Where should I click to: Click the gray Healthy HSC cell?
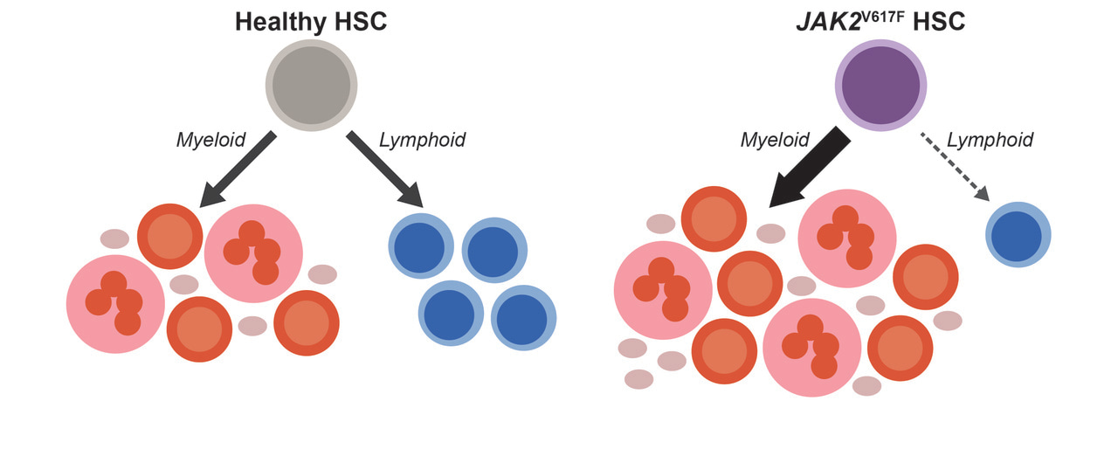(311, 85)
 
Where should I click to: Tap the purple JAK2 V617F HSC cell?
(880, 85)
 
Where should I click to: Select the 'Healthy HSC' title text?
(311, 21)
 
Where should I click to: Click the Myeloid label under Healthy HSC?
(211, 140)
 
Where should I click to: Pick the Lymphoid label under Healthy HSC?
(422, 140)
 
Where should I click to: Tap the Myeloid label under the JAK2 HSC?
(775, 140)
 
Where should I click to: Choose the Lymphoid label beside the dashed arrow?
(990, 140)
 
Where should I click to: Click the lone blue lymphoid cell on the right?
(1018, 234)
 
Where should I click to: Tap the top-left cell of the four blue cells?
(421, 249)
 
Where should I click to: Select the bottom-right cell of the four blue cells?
(523, 317)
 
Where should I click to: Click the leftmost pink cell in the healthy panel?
(115, 304)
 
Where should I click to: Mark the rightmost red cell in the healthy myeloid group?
(306, 323)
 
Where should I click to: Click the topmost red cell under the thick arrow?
(714, 219)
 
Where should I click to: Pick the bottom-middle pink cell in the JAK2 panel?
(812, 347)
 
